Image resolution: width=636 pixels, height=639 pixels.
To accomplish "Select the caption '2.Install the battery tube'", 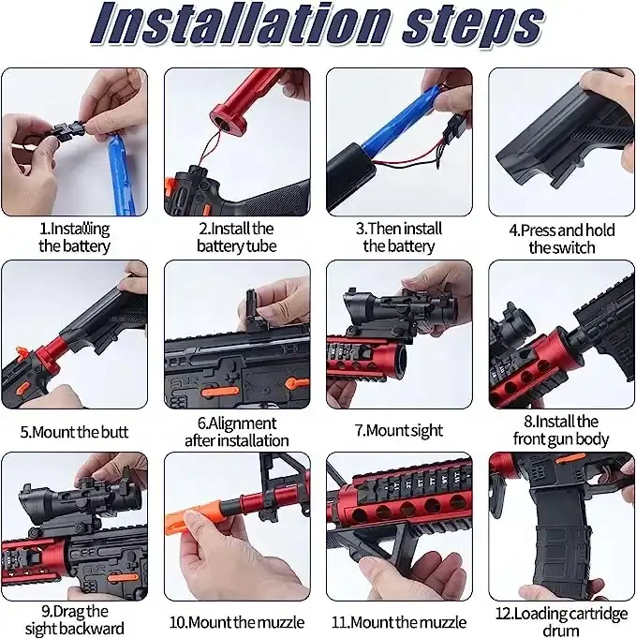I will tap(236, 237).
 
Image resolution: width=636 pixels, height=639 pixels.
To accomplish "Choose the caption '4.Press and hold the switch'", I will tap(560, 238).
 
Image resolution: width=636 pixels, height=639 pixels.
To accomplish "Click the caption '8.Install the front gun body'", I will tap(560, 430).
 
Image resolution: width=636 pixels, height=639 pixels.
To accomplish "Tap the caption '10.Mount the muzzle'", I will tap(236, 621).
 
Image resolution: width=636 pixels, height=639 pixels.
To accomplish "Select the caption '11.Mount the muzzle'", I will tap(399, 621).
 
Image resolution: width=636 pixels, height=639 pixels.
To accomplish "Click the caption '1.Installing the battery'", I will tap(74, 237).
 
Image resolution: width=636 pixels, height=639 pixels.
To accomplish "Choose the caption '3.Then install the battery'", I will tap(399, 237).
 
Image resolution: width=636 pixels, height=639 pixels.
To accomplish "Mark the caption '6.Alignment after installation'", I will tap(236, 430).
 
